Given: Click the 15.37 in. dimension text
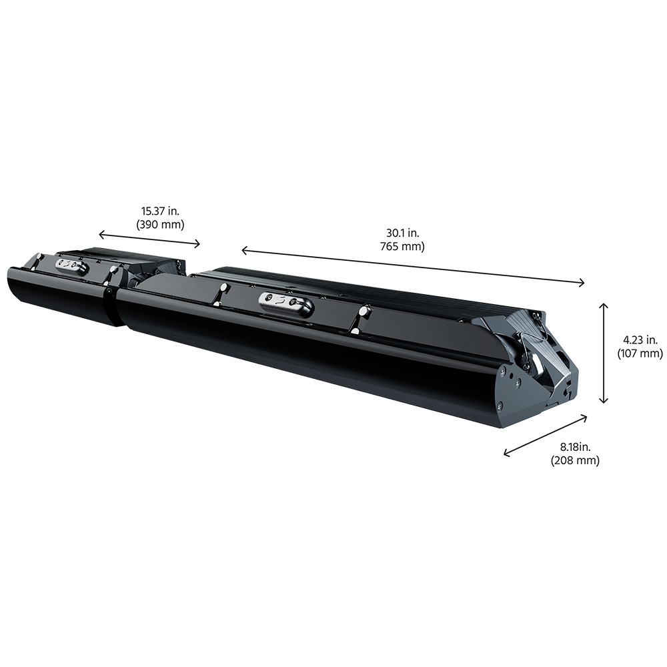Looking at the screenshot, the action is (x=160, y=211).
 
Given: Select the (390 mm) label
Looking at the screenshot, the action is (x=160, y=224).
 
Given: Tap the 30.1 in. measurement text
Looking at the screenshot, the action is (x=402, y=233).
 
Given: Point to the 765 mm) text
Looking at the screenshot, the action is (x=402, y=246).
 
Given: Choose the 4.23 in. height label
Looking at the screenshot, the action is (x=640, y=340).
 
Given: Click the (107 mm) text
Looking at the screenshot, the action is (x=640, y=353).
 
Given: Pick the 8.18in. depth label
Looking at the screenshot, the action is (x=575, y=447).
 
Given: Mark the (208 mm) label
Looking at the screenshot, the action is (x=575, y=460).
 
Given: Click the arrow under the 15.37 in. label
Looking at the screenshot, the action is (x=149, y=239).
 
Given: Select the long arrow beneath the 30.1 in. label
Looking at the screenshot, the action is (x=413, y=266).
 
